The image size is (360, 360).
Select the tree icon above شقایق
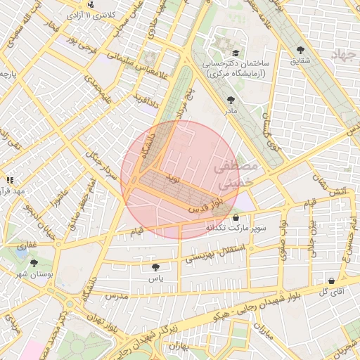pos(301,49)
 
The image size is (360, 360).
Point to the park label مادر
pos(231,111)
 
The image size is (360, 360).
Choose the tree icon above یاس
pos(155,267)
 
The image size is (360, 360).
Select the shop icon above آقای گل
pos(330,281)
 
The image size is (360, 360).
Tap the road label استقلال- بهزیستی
pos(215,254)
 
